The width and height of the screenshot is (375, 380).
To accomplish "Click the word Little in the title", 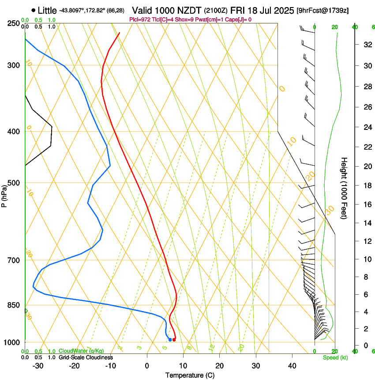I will point(47,10).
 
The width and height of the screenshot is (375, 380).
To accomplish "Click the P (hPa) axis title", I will point(4,193).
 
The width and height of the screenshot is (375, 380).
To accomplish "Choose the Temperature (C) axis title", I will point(190,375).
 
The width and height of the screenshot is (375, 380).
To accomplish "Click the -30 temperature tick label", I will point(38,366).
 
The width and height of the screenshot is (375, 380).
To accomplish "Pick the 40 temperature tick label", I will point(292,366).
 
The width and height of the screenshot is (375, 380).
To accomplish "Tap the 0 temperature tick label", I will point(147,366).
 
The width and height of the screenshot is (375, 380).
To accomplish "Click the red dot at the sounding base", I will point(174,340).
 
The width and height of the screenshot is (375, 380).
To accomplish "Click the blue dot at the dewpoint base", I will point(170,339).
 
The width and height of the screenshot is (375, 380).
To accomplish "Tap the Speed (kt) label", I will point(335,357).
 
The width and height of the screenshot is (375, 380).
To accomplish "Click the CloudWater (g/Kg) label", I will point(81,351).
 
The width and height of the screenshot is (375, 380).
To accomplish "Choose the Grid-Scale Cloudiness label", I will point(85,357).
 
